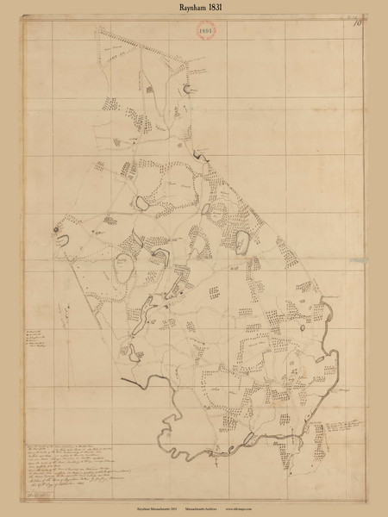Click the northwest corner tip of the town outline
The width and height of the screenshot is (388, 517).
coord(97,28)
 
